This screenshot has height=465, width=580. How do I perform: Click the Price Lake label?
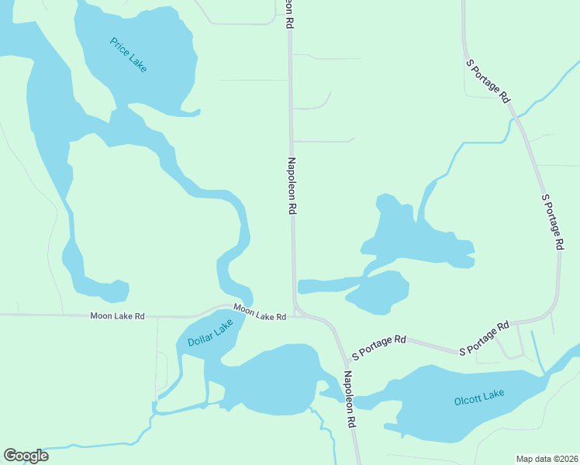click(x=129, y=55)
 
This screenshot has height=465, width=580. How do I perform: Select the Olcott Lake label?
click(x=479, y=398)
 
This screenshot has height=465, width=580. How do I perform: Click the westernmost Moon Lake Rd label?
click(x=117, y=316)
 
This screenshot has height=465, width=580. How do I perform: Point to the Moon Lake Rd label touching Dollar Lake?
click(x=260, y=312)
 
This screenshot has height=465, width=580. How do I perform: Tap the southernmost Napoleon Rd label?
click(x=350, y=400)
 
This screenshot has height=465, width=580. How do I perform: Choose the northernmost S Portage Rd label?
click(x=488, y=81)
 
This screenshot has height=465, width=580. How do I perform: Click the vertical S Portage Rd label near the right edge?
click(x=552, y=221)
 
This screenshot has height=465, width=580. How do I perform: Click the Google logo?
click(x=26, y=456)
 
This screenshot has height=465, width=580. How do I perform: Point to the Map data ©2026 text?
click(x=547, y=458)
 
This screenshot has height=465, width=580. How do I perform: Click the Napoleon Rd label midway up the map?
click(x=292, y=186)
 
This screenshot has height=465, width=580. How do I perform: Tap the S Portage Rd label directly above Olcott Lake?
click(x=484, y=338)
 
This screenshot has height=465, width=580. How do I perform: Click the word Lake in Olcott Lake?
click(x=495, y=395)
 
